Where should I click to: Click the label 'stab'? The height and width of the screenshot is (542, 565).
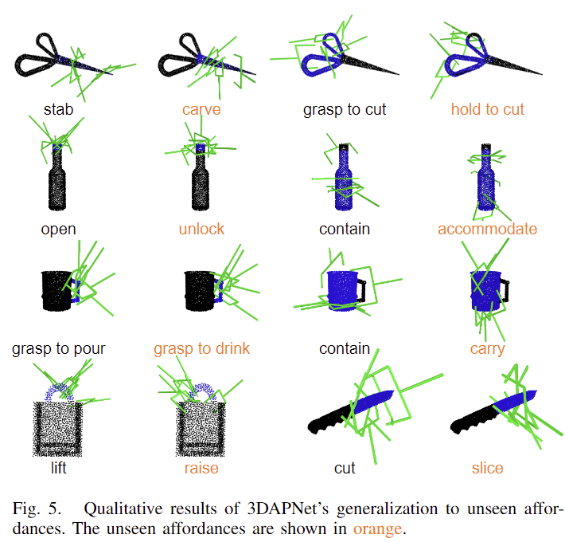point(58,109)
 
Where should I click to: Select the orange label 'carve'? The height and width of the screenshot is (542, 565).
point(201,110)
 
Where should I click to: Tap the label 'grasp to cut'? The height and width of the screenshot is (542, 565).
point(345,110)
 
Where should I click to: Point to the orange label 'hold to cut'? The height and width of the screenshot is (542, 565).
point(488,109)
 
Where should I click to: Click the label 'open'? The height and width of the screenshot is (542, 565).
point(58,230)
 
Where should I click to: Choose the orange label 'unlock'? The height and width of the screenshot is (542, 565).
point(201,229)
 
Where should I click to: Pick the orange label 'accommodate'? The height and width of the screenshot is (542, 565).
point(488,230)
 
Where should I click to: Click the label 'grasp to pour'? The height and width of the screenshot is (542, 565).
point(58,349)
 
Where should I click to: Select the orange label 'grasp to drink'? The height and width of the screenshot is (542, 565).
point(201,349)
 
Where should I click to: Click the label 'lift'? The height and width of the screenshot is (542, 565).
point(58,468)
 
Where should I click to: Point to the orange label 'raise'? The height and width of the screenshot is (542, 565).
point(201,469)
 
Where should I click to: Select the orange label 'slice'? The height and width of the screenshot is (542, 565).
point(488,469)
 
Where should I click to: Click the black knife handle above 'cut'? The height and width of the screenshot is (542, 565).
point(329,419)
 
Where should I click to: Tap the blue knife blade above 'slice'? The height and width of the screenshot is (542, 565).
point(516,400)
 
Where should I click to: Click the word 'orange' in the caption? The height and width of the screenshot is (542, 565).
point(377,529)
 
